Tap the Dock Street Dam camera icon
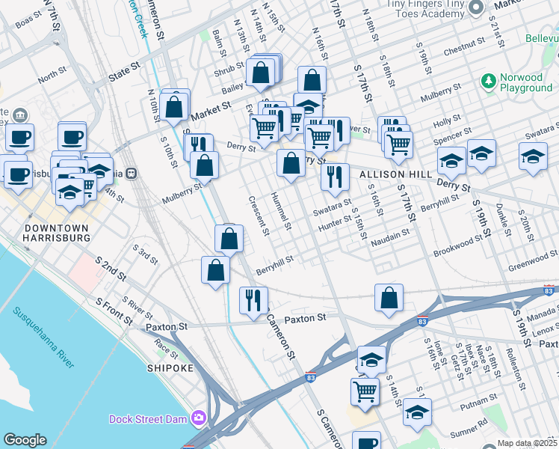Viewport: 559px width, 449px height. click(x=199, y=418)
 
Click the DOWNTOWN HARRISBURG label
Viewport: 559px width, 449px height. click(x=58, y=232)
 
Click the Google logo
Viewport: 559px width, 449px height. click(x=25, y=440)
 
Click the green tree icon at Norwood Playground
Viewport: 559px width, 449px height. click(x=489, y=80)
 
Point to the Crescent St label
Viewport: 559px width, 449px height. click(x=259, y=215)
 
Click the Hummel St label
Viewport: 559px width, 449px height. click(x=282, y=210)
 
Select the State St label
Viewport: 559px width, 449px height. click(x=125, y=71)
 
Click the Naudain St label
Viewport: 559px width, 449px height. click(x=390, y=233)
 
